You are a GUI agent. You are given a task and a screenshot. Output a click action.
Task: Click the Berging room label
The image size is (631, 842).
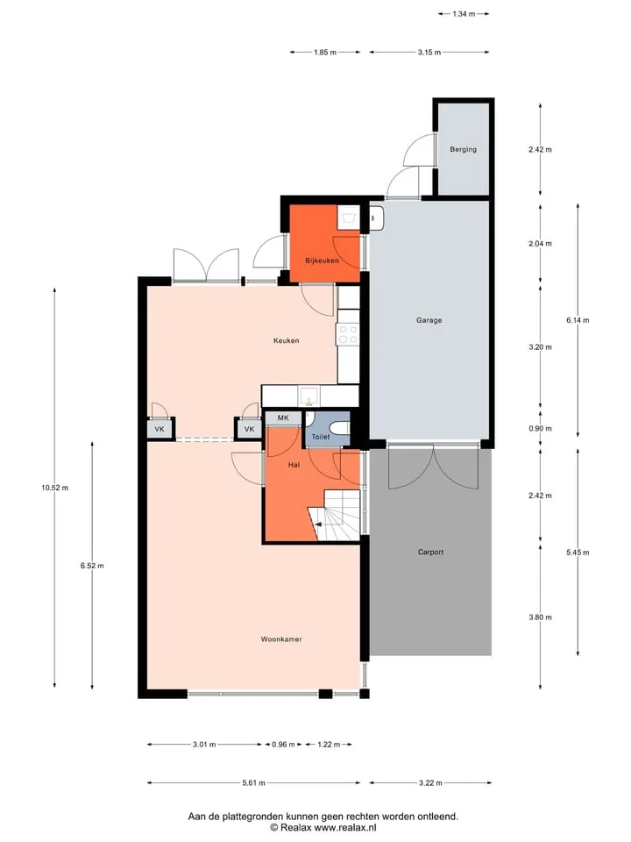[x=463, y=149]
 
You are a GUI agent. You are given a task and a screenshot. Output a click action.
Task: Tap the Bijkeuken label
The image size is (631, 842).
[x=322, y=260]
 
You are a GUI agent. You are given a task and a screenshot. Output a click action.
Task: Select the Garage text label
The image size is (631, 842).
[x=429, y=320]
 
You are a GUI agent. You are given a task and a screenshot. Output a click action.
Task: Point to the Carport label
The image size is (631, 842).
[x=430, y=552]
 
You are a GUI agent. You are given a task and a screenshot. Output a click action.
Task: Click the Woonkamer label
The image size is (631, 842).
[x=281, y=639]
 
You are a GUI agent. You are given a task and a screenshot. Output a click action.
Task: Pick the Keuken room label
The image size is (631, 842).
[x=286, y=340]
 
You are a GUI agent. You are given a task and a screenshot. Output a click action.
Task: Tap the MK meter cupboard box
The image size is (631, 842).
[x=283, y=417]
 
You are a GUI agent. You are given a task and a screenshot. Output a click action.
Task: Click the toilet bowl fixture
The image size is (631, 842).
[x=340, y=428]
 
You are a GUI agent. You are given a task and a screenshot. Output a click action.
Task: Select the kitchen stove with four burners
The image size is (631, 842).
[x=347, y=334]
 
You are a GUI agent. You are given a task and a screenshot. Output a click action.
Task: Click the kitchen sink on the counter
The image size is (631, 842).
[x=308, y=396]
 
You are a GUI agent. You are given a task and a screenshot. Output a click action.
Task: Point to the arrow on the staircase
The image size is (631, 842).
[x=317, y=524]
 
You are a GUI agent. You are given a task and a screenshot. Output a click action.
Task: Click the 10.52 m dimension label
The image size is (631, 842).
[x=54, y=488]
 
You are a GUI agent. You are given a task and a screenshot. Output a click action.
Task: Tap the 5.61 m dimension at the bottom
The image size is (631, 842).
[x=253, y=783]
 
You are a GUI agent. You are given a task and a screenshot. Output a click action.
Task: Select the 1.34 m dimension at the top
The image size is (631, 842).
[x=464, y=14]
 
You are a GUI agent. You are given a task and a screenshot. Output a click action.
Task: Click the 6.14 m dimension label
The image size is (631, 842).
[x=578, y=320]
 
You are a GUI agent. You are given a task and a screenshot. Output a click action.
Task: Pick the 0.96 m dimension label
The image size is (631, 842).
[x=283, y=745]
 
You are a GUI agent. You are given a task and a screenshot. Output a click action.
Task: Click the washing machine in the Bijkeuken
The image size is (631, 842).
[x=349, y=218]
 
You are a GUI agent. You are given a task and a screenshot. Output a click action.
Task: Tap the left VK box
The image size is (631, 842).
[x=160, y=429]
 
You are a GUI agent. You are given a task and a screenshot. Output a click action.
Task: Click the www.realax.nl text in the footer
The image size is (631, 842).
[x=345, y=827]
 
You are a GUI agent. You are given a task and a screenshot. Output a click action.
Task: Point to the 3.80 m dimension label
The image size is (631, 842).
[x=540, y=617]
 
